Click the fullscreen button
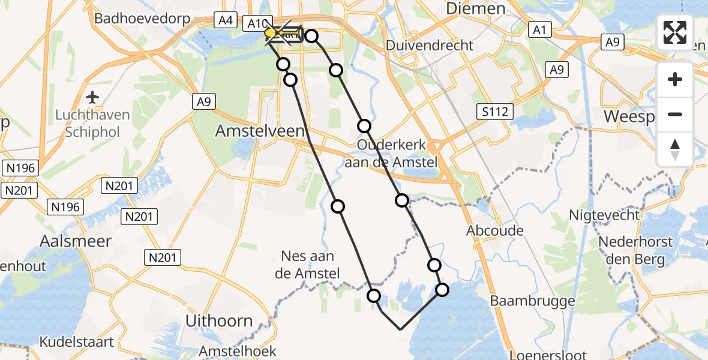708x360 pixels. pos(675,32)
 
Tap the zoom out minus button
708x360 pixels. pos(675,115)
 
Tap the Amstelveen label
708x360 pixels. pos(260,131)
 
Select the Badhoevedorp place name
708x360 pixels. pos(142,19)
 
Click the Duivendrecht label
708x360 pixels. pos(430,45)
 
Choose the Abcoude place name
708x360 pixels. pos(495,230)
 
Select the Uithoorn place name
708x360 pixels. pos(219,321)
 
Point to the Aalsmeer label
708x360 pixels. pos(76,241)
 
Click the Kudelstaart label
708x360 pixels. pos(76,342)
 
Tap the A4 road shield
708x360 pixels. pos(225,20)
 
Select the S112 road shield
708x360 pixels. pos(495,111)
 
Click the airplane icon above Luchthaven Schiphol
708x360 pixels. pos(93,97)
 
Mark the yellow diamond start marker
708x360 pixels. pos(270,32)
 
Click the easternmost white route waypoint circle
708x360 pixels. pos(442,290)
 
